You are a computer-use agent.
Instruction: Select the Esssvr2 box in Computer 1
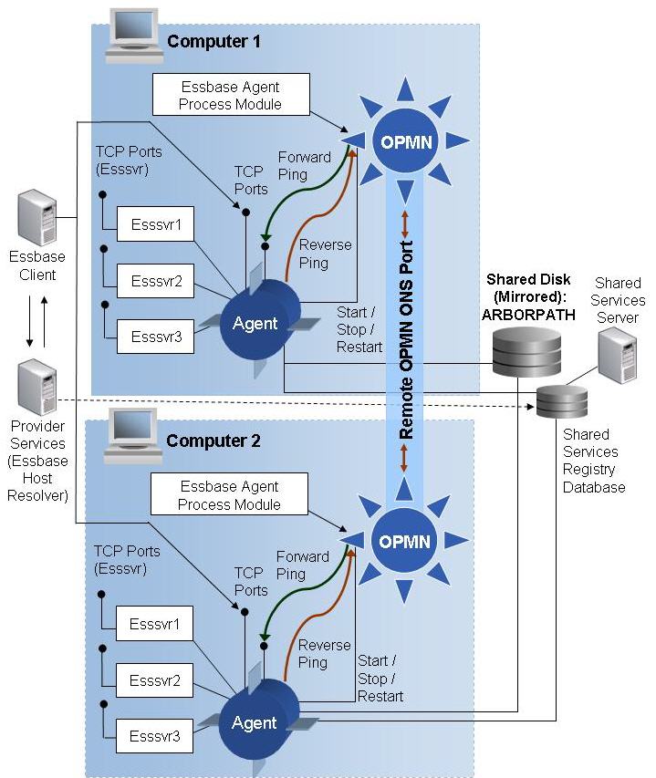click(x=156, y=281)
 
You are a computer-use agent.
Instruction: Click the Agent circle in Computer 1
click(x=255, y=324)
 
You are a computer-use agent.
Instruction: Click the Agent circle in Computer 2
click(x=255, y=722)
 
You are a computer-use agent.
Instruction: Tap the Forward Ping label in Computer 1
click(x=303, y=166)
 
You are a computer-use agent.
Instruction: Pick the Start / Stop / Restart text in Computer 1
click(x=359, y=328)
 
